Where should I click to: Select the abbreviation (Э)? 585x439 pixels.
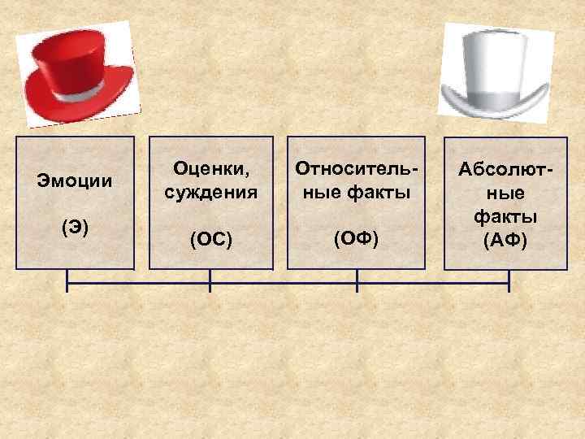[74, 228]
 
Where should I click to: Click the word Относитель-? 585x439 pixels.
[357, 168]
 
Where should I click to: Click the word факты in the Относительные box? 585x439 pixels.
[381, 193]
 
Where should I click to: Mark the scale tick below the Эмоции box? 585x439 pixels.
[67, 280]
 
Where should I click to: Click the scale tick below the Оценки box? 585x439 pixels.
[210, 280]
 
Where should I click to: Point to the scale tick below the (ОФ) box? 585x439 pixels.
[357, 280]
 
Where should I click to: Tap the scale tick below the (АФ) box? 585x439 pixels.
[509, 280]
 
